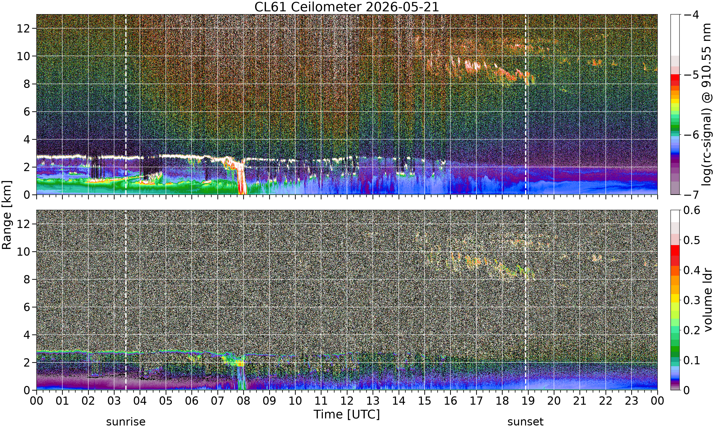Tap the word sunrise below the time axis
[x=126, y=422]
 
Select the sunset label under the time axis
[x=526, y=422]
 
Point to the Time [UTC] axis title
[x=347, y=414]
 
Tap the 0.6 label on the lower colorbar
[x=692, y=210]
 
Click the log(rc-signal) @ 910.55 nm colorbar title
[x=706, y=105]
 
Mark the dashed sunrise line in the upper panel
[x=126, y=104]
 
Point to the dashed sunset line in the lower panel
[x=526, y=300]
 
